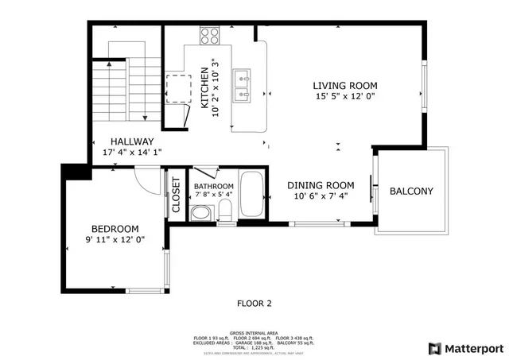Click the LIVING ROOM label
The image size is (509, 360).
click(x=344, y=86)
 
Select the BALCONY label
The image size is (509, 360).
click(x=411, y=191)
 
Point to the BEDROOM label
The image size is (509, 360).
click(x=115, y=227)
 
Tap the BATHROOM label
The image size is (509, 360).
click(x=213, y=185)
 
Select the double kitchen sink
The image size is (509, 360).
click(x=243, y=86)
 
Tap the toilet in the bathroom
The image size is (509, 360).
click(x=225, y=212)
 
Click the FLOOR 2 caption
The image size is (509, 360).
click(x=254, y=303)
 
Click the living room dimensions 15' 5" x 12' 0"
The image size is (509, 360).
click(x=344, y=97)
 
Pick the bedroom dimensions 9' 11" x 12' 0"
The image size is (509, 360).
click(x=115, y=238)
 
